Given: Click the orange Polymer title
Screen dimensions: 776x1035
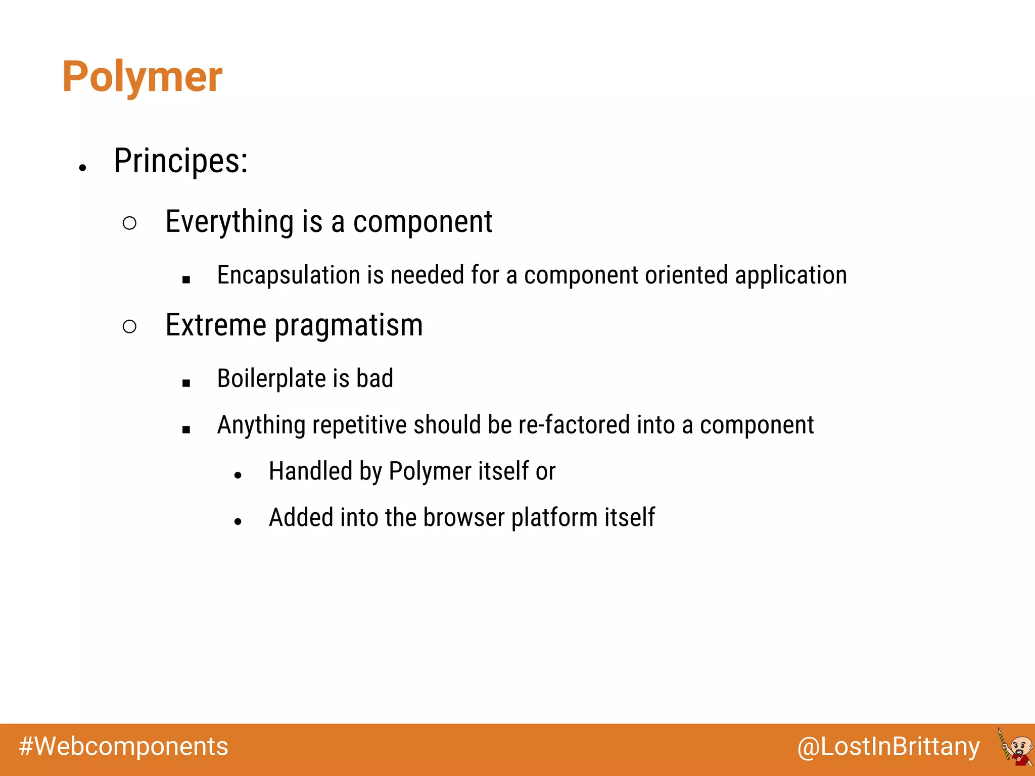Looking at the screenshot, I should pos(142,77).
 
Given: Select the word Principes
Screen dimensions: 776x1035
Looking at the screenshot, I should pos(180,161).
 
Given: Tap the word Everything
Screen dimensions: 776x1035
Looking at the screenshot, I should pos(229,222).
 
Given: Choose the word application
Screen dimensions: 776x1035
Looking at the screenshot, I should pos(791,275).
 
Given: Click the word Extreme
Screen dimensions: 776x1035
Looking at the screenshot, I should pos(216,325).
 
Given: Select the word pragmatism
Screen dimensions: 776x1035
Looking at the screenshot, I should pos(349,326).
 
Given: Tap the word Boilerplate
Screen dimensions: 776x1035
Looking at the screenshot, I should pos(271,378).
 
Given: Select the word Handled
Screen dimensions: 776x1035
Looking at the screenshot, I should pos(310,471).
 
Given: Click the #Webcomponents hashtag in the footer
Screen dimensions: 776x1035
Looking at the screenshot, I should pos(124,747).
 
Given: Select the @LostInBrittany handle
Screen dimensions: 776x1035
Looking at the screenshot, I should pos(888,747).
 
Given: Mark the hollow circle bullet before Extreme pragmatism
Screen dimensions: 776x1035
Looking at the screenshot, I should pos(129,326).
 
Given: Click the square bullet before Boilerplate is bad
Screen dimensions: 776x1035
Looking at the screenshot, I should pos(186,383).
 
